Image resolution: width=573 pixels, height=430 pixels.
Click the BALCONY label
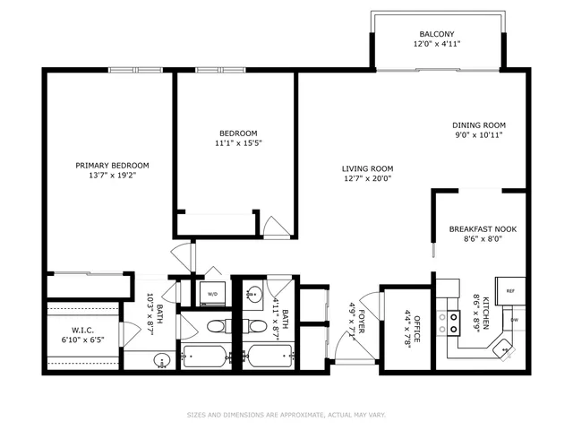(438, 34)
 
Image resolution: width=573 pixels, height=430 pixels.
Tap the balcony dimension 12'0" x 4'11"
(438, 44)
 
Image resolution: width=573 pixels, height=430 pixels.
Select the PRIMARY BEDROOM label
(112, 165)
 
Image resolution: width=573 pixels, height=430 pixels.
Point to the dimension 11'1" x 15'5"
(237, 142)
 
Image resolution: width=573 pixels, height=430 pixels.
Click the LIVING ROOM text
(367, 168)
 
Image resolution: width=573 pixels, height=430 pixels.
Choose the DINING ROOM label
(479, 125)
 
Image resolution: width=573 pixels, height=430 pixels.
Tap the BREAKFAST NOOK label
(481, 229)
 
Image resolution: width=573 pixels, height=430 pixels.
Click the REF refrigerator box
(510, 290)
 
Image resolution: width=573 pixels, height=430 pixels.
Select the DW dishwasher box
(514, 320)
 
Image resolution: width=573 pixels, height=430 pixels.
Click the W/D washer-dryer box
(213, 294)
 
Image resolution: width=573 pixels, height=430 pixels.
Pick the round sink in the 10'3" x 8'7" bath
(162, 360)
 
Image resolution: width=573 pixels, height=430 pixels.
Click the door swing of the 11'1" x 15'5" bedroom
(276, 226)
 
